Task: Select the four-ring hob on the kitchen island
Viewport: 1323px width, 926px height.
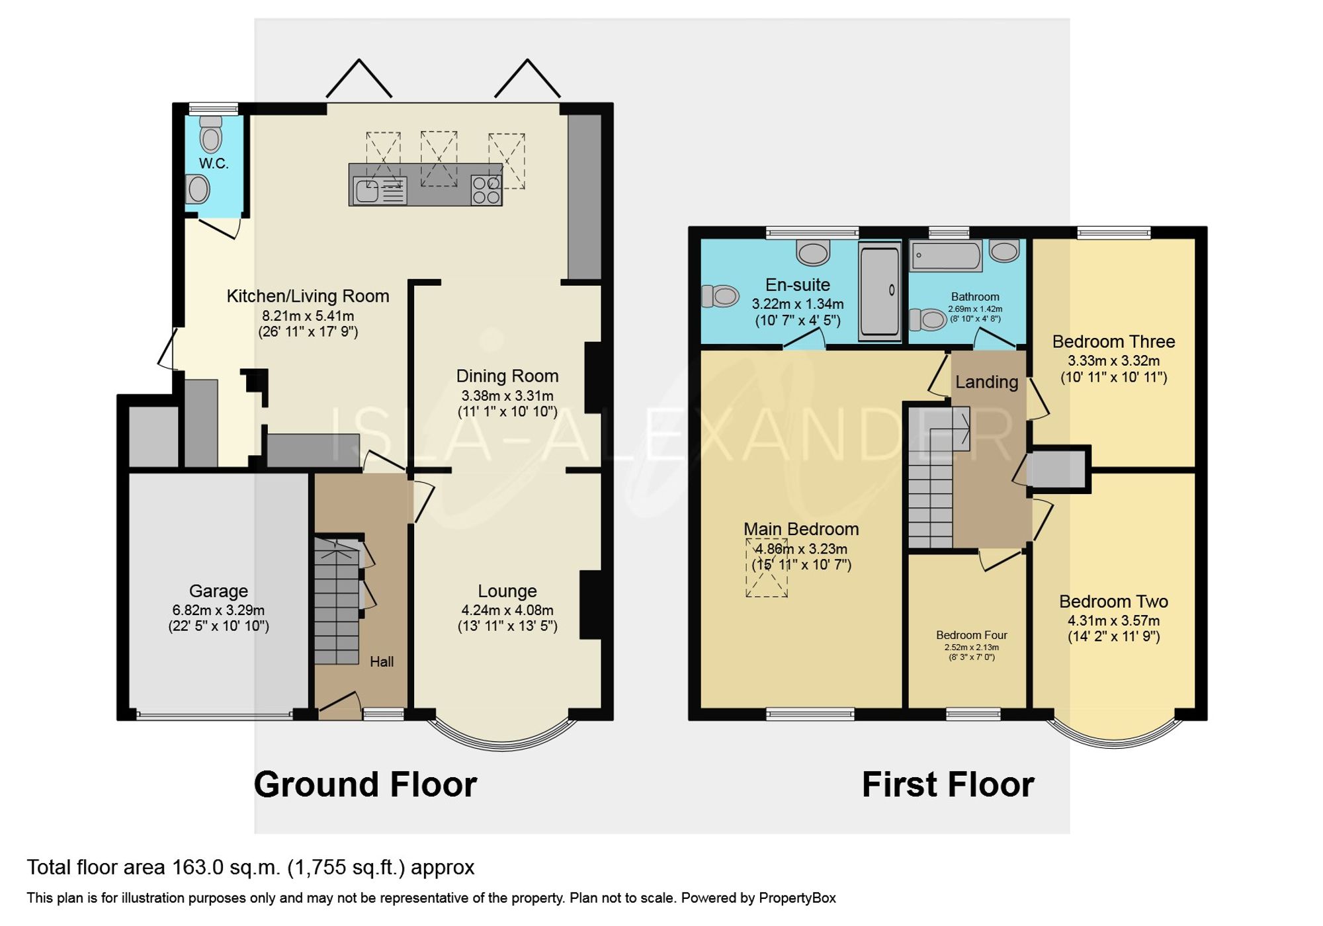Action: coord(486,190)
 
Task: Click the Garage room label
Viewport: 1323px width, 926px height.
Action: coord(218,591)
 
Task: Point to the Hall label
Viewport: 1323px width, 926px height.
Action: coord(382,661)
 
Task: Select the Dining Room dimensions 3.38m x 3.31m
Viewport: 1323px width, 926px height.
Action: coord(507,396)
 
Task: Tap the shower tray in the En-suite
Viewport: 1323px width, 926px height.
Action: coord(879,292)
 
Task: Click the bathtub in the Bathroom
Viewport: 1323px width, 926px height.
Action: coord(946,255)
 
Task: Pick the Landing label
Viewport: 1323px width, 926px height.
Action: coord(986,382)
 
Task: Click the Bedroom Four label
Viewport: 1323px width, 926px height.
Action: coord(971,635)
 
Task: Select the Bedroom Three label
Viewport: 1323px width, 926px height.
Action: coord(1113,341)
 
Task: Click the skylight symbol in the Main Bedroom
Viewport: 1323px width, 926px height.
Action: coord(767,568)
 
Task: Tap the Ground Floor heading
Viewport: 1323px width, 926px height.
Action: coord(365,784)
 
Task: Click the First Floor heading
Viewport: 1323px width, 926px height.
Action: coord(947,784)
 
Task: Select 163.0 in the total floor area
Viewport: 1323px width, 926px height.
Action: coord(198,867)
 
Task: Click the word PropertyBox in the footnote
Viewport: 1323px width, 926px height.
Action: coord(797,898)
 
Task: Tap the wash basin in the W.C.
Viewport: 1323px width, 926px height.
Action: coord(198,189)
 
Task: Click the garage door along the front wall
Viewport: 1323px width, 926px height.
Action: coord(214,714)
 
